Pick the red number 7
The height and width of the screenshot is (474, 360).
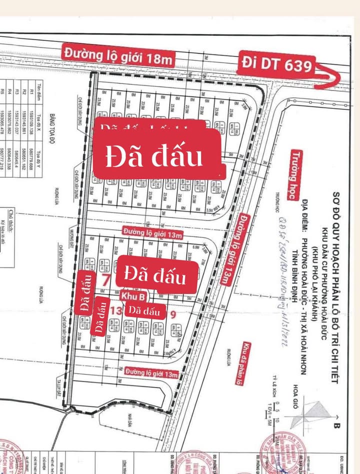coord(105,280)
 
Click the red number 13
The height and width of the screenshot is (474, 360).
coord(116,310)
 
